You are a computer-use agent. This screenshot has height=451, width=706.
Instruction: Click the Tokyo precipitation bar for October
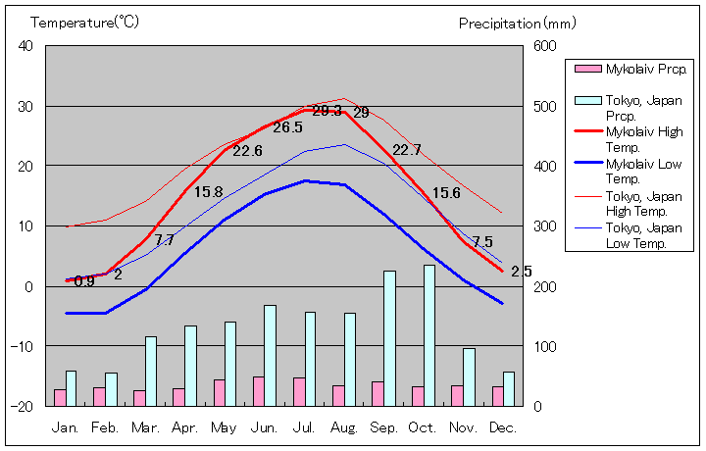tap(429, 335)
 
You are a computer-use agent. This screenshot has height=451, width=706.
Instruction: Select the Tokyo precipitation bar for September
tap(389, 338)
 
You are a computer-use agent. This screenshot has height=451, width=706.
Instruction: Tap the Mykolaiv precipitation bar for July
tap(298, 391)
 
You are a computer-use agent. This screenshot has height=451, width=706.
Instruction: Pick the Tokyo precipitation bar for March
tap(151, 371)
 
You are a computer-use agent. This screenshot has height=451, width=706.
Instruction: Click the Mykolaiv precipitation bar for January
tap(60, 397)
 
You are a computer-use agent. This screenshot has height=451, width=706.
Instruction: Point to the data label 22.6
tap(247, 151)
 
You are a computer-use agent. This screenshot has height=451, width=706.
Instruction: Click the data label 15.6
tap(446, 193)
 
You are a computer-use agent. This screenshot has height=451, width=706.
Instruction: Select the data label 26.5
tap(287, 127)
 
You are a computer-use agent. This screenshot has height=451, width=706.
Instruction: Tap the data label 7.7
tap(164, 240)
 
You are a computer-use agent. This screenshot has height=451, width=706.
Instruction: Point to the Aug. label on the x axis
tap(344, 427)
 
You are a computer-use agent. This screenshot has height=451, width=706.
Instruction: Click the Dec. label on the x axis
tap(502, 427)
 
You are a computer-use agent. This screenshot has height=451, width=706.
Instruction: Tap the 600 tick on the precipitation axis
tap(544, 46)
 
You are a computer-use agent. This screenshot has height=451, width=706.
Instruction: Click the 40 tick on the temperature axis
tap(25, 46)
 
